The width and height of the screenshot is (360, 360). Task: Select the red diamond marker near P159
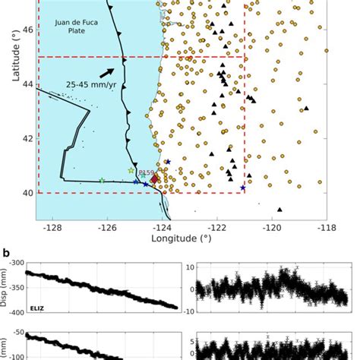[x=155, y=178]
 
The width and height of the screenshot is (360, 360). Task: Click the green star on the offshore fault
[x=102, y=181]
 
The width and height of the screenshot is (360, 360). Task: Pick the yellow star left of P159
[x=131, y=171]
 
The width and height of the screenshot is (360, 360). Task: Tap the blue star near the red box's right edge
[x=243, y=188]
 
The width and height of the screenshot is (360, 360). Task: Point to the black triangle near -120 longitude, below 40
[x=280, y=210]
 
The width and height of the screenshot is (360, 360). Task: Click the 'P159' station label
[x=146, y=173]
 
